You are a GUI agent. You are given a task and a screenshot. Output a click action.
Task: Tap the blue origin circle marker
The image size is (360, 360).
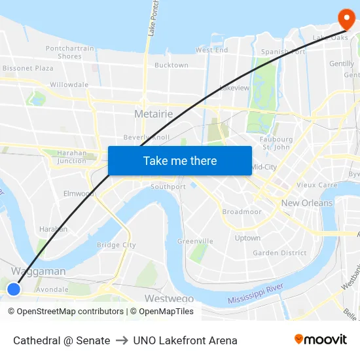point(14,289)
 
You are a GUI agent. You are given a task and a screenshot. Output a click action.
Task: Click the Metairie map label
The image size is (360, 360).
point(153,114)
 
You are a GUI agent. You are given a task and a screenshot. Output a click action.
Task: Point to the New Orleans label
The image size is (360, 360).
point(306,203)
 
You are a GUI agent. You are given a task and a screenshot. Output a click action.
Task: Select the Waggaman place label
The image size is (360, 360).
point(38,271)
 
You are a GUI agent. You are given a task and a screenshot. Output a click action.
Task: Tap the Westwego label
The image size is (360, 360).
point(168,298)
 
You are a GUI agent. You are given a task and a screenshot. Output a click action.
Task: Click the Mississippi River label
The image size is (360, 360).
point(255,294)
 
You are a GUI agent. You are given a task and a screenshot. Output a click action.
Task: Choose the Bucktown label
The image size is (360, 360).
point(171,65)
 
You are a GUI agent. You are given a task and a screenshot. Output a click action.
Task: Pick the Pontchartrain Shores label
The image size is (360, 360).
point(69,52)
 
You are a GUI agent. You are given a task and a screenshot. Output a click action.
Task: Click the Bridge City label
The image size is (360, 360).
point(116,245)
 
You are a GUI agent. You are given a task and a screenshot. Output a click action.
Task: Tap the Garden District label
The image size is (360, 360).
point(279,253)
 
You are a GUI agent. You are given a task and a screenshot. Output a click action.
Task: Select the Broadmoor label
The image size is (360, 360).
point(242,212)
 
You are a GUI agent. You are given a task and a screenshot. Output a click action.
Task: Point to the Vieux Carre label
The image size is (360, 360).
point(317,185)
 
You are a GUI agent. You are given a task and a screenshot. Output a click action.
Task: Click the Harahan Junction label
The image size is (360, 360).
point(71,157)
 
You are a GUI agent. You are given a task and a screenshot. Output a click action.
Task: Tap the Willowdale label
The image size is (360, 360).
point(69,85)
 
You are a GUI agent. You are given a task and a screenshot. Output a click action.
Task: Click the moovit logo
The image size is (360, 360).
point(320,339)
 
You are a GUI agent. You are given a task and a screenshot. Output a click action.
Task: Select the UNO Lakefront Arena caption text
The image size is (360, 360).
point(185,340)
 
